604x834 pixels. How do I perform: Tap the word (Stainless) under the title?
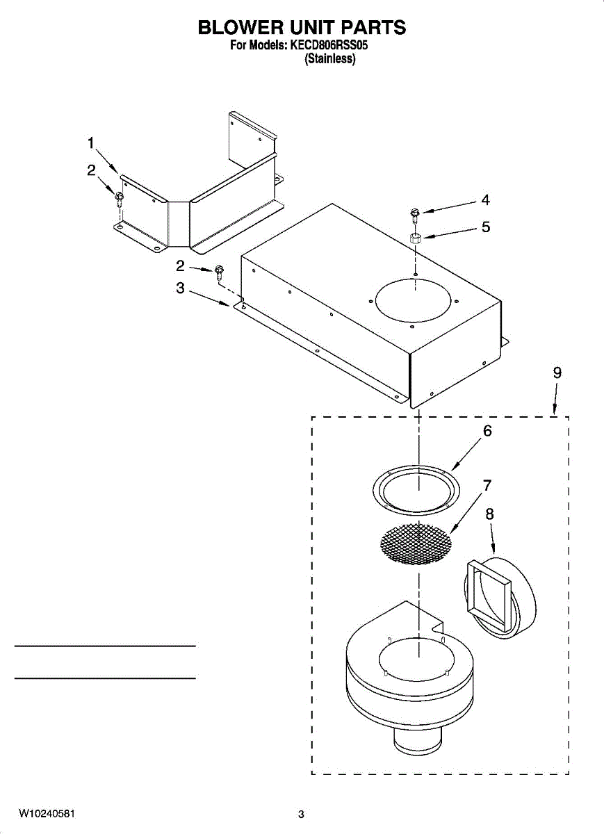point(330,60)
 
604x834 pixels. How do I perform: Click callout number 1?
point(91,143)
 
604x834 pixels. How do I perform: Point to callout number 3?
point(180,288)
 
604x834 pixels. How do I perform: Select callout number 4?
point(485,200)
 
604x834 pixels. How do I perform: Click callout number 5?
point(485,227)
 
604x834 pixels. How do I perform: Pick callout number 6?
point(487,431)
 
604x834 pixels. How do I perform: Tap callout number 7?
point(487,484)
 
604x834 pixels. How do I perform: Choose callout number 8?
point(490,514)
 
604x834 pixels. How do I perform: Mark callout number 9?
point(557,373)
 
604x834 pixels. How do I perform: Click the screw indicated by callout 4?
point(414,212)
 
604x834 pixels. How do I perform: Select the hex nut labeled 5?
point(414,238)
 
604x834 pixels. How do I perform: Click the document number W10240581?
point(47,813)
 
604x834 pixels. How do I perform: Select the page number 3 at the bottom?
point(301,814)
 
